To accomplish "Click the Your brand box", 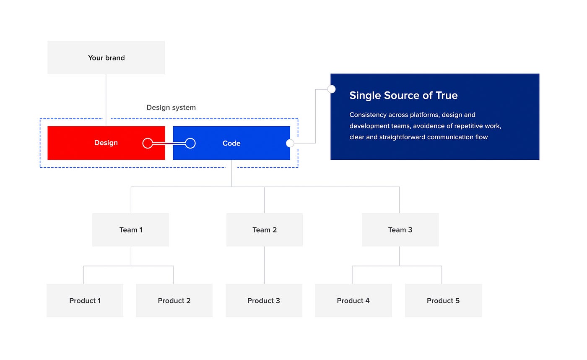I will coord(106,57).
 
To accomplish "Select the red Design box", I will coord(106,143).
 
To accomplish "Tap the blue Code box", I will coord(231,143).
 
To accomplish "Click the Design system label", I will coord(171,107).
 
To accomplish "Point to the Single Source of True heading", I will coord(403,95).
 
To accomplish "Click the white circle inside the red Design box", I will coord(148,143).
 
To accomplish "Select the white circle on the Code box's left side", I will coord(190,143).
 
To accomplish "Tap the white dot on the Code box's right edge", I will coord(290,143).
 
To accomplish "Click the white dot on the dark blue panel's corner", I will coord(331,89).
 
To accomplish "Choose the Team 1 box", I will coord(131,230).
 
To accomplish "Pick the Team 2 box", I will coord(265,230).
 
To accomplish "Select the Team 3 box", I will coord(400,230).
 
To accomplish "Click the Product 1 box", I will coord(85,300).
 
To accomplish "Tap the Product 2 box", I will coord(174,300).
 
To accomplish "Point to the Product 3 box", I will coord(264,300).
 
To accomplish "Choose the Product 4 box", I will coord(353,300).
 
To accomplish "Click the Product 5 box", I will coord(443,300).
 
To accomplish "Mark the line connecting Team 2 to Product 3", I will coord(265,265).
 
